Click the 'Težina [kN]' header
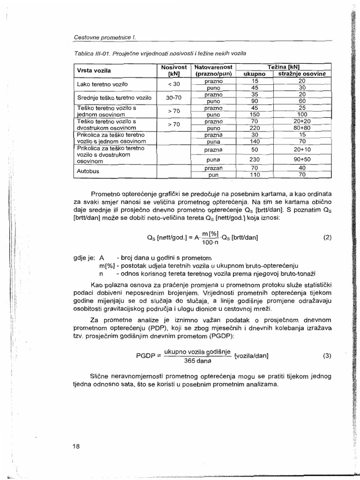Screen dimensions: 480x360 pos(283,67)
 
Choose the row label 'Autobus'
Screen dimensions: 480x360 pos(89,171)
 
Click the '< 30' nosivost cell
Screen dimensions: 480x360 pos(173,84)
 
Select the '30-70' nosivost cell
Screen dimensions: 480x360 pos(173,97)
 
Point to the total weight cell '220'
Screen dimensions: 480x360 pos(255,127)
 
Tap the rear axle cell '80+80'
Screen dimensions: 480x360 pos(302,127)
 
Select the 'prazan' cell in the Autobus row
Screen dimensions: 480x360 pos(213,167)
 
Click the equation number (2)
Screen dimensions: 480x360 pos(327,237)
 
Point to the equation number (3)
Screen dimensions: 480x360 pos(327,355)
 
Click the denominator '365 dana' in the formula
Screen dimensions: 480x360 pos(197,361)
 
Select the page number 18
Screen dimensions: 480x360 pos(76,446)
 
